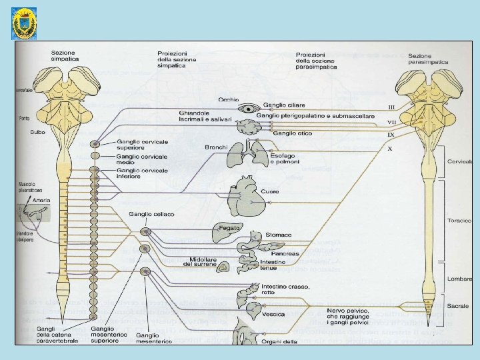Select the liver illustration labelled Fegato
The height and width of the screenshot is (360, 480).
228,231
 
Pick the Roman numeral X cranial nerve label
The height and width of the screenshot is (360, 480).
390,148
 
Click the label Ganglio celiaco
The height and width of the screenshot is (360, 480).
152,214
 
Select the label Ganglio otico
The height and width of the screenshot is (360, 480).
292,133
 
